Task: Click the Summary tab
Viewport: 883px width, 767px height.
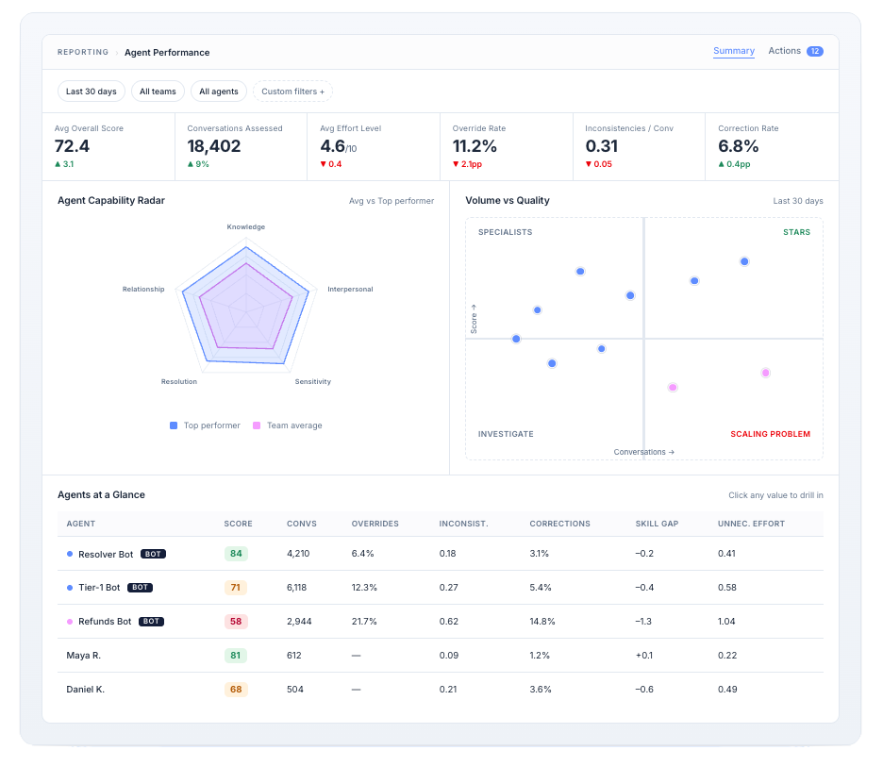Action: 733,51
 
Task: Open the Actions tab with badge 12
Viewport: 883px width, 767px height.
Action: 795,51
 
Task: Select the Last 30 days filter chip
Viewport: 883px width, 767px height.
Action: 92,92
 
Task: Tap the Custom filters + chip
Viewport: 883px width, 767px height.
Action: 292,92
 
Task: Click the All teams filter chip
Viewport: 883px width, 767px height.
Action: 158,92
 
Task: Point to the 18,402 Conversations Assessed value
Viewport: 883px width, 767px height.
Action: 214,146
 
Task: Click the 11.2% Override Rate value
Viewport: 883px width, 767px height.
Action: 475,146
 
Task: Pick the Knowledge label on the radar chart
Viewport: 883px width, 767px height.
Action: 246,227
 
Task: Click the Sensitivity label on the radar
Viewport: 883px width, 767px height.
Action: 313,382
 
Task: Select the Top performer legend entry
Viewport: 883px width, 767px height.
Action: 205,425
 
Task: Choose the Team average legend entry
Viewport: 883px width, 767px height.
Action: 288,425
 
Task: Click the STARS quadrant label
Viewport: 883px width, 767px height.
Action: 797,232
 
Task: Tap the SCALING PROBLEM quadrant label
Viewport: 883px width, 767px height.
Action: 771,434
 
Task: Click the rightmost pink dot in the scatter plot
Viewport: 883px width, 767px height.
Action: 766,373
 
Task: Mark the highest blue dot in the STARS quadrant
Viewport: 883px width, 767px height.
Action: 744,261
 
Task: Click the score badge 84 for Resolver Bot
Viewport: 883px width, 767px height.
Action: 236,554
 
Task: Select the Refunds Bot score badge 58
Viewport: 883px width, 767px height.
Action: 236,622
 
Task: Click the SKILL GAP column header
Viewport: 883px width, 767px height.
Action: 657,524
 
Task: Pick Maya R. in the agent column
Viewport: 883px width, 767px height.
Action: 83,656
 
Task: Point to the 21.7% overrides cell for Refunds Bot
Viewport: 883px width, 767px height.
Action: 364,622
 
